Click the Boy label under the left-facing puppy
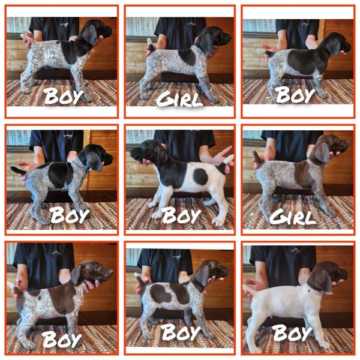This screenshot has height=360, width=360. tap(179, 214)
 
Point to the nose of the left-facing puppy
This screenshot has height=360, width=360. tap(133, 155)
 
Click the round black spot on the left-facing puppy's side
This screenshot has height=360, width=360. tap(200, 176)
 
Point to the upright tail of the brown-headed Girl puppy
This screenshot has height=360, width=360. tap(257, 158)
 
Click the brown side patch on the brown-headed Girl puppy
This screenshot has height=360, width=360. tap(304, 175)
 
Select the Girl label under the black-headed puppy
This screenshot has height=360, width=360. tap(179, 98)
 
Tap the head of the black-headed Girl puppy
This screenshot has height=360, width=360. tap(215, 38)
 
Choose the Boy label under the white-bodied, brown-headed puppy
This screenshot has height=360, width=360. tap(294, 332)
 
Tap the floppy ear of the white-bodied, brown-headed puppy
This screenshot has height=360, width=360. tap(320, 280)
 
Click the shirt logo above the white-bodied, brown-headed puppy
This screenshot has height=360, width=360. tap(290, 254)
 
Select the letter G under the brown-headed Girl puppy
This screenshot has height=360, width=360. tap(277, 216)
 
